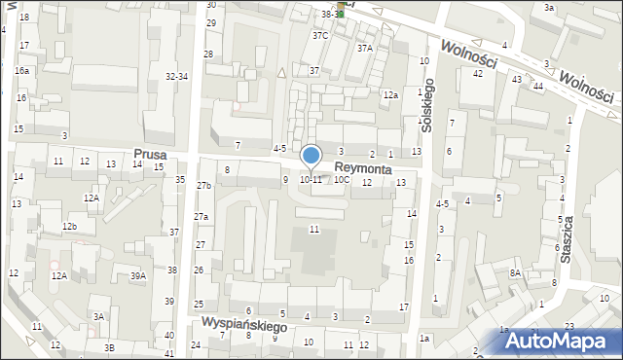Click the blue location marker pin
click(x=311, y=156)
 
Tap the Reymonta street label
click(x=363, y=168)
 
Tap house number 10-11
click(x=311, y=180)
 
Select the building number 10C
click(x=341, y=180)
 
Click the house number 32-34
click(x=176, y=76)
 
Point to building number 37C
click(x=320, y=35)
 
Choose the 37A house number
click(x=365, y=48)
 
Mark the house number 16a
click(x=21, y=71)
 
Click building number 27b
click(x=203, y=185)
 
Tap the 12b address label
click(x=70, y=227)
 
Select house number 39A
click(x=138, y=276)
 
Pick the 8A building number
click(x=515, y=274)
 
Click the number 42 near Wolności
click(x=478, y=74)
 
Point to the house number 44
click(x=537, y=87)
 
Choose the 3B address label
click(x=109, y=347)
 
